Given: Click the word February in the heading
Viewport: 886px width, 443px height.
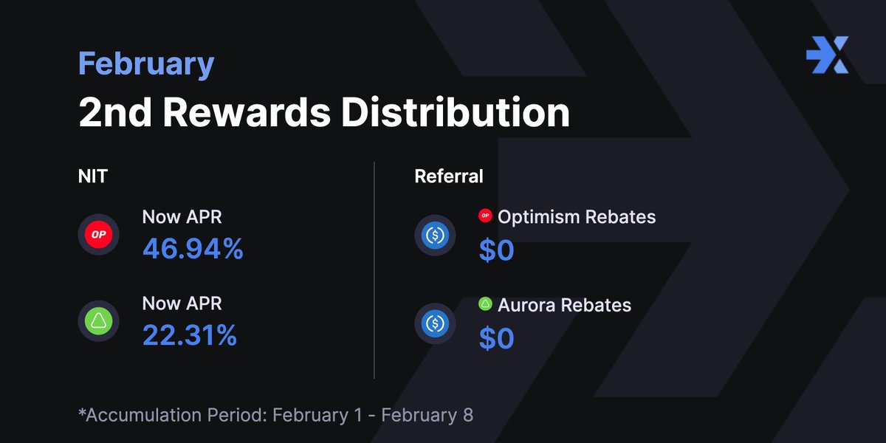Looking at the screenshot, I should pos(146,64).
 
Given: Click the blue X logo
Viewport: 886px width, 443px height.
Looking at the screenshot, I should pos(827,55).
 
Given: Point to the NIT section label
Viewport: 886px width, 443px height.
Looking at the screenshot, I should pos(91,176).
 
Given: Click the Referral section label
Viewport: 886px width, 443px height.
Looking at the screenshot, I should pos(449,176).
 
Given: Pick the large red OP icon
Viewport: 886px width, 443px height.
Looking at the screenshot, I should pos(99,235).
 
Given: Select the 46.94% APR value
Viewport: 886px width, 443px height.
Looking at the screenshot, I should pos(193,250).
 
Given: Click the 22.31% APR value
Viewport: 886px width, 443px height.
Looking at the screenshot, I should pos(190,336).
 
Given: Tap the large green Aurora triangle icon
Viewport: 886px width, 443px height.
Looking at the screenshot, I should pos(99,321).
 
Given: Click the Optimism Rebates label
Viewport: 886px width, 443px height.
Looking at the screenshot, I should pos(577,217).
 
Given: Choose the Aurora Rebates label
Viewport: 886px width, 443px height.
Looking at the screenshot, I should pos(564,305).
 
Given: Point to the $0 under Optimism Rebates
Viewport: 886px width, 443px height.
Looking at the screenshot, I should pos(496,250).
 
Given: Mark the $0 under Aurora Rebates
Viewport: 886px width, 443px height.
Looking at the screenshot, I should pos(496,338).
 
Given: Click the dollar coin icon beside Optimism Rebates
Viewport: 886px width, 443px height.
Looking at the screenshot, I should pos(435,236).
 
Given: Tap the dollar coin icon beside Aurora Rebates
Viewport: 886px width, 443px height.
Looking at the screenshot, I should pos(435,323).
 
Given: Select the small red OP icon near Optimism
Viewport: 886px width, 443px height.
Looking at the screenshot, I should pos(485,216).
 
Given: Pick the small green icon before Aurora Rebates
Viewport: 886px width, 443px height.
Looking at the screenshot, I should pos(485,303).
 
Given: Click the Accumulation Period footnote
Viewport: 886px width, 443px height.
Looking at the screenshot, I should pos(275,415).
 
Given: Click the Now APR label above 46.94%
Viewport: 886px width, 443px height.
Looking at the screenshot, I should pos(182,217).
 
